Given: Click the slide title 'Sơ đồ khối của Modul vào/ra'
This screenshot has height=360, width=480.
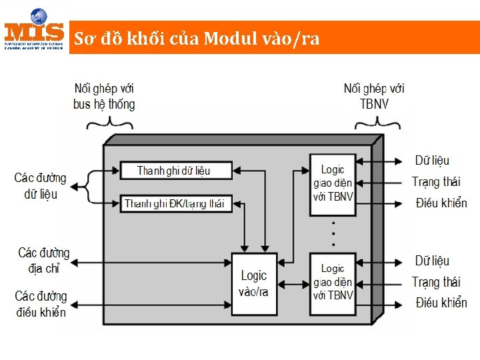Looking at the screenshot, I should point(197,39).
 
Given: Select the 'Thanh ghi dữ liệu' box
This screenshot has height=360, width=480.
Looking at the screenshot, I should point(176,171).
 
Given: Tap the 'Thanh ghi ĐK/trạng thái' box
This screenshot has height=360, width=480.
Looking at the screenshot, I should point(176,203).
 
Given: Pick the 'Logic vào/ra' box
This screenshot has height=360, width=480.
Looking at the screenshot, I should point(253,283).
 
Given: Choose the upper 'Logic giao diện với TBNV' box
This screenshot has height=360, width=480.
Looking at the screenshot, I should point(333,184).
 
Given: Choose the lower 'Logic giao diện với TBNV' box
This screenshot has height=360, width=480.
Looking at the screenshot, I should point(333,282).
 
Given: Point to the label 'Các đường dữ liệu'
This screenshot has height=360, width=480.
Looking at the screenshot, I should point(40,186).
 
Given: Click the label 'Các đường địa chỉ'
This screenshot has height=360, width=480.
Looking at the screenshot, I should point(43,261).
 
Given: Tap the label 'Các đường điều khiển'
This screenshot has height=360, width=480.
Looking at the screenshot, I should point(41,303).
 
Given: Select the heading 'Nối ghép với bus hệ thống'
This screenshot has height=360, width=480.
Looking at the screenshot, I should point(104,96).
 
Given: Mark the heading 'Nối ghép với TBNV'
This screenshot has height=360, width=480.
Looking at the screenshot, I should point(374,96).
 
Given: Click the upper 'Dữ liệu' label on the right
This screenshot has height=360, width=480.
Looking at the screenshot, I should point(432,160).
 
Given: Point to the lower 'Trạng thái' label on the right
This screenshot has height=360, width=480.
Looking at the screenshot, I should point(436,282).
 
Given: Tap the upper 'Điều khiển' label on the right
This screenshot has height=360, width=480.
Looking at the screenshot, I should point(441,203).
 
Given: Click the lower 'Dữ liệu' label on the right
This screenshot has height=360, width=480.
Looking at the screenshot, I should point(432,261).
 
